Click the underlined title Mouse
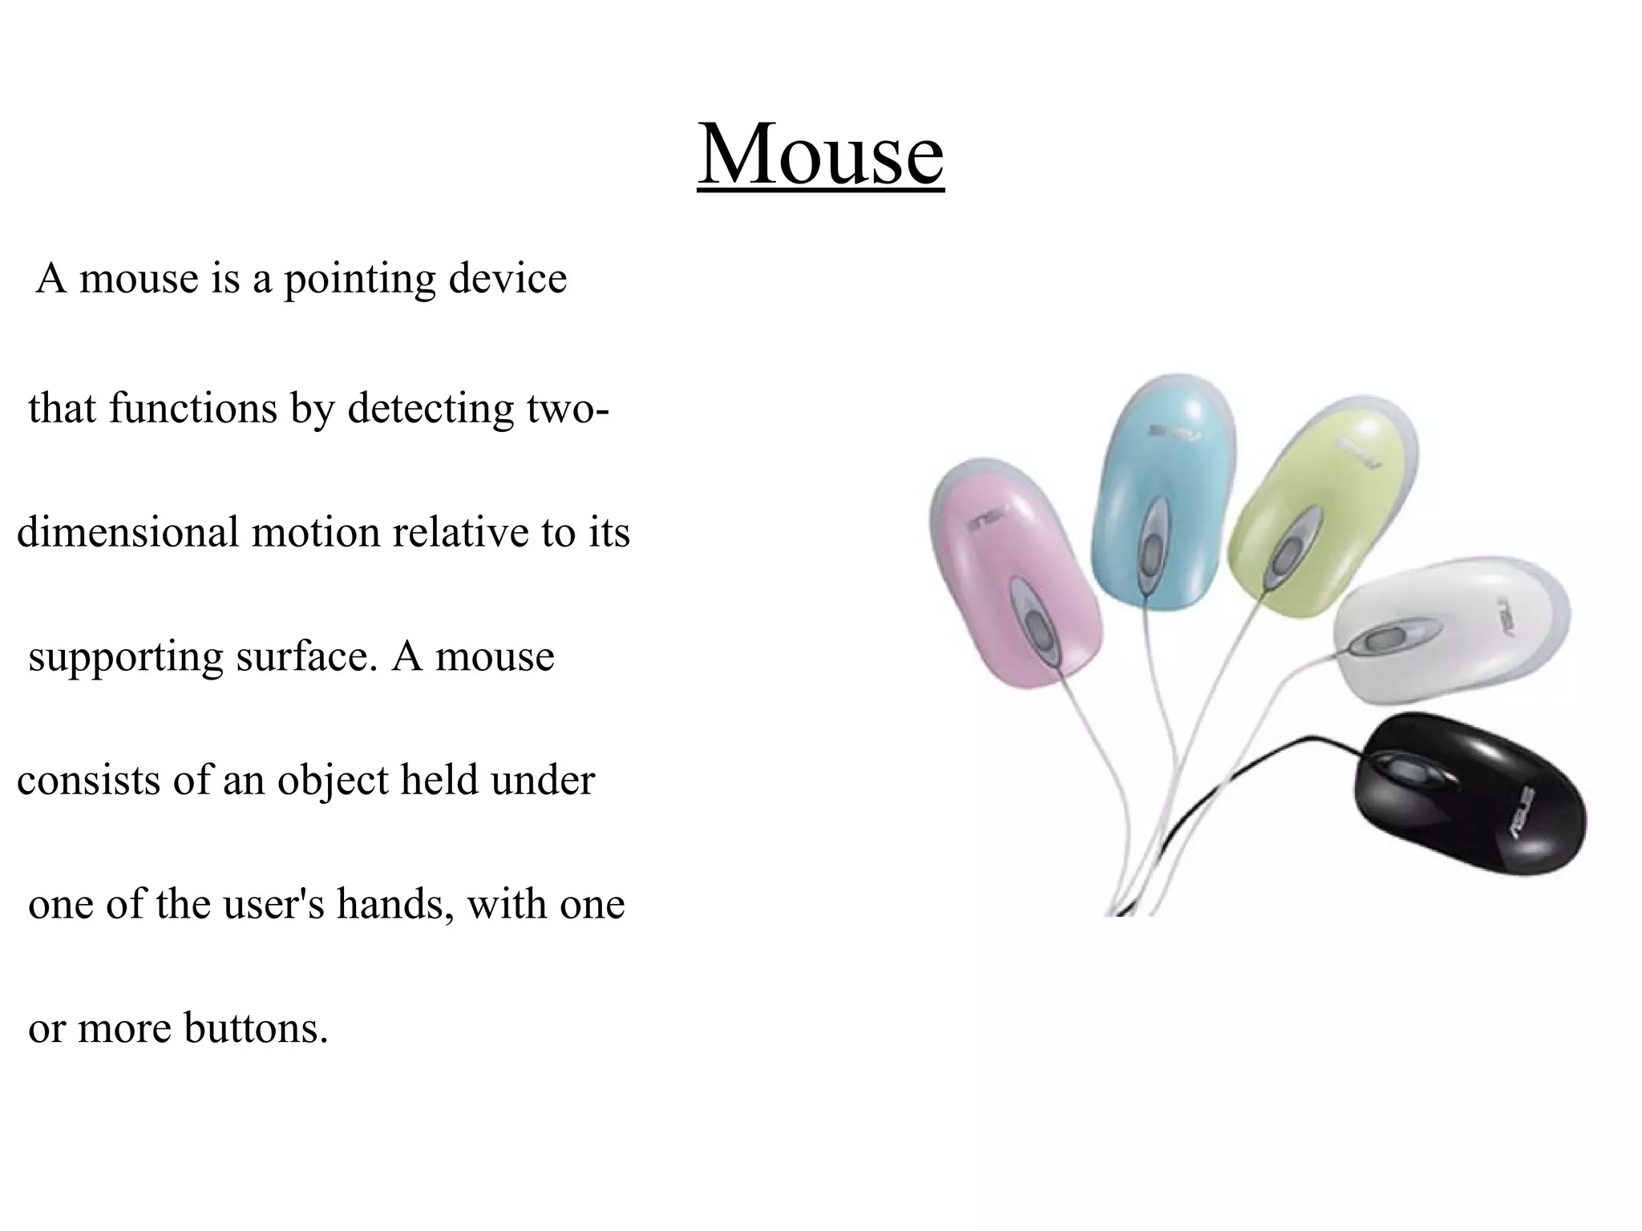pos(820,153)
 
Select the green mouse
pos(1323,513)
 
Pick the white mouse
pos(1443,633)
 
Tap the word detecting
pos(430,409)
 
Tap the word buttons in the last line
pos(256,1029)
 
